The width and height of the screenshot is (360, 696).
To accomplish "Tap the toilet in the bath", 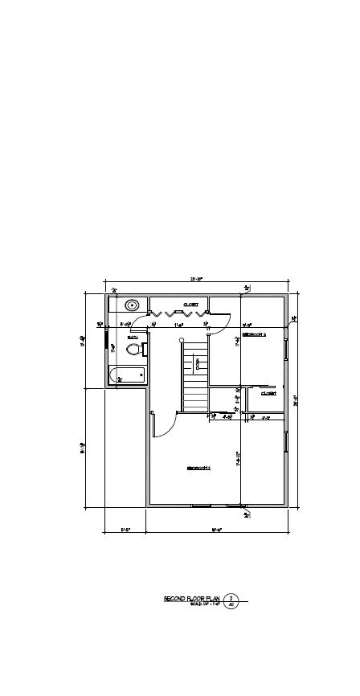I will [135, 349].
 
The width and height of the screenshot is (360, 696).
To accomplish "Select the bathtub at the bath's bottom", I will [128, 375].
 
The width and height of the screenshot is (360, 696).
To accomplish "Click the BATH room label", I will [133, 337].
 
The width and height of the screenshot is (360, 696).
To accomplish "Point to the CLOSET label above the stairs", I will [190, 305].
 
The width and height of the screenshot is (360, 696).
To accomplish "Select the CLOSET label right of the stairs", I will [268, 393].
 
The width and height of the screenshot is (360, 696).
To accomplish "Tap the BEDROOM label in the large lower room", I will [198, 468].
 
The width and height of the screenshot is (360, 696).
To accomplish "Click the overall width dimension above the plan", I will [196, 279].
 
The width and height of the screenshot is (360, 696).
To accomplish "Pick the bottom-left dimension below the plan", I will [125, 530].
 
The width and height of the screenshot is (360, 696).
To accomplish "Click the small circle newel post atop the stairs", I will [182, 341].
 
